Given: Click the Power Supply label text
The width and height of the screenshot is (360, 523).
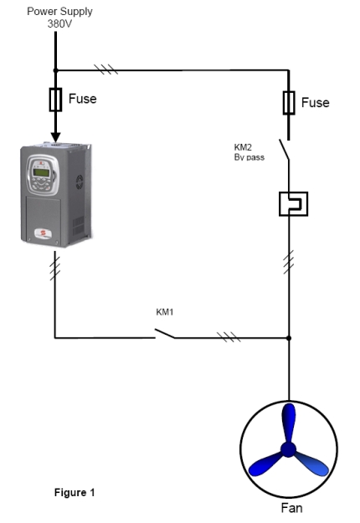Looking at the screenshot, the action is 59,12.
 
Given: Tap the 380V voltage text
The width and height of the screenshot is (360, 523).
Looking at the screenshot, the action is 59,24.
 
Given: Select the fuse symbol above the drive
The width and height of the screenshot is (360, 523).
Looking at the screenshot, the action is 55,100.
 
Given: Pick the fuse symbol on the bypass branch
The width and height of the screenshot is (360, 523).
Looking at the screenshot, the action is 289,103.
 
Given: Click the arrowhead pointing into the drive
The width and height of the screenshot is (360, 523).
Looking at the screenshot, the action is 56,137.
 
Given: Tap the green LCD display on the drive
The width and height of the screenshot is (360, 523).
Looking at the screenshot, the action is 41,172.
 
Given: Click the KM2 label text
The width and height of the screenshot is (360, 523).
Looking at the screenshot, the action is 243,147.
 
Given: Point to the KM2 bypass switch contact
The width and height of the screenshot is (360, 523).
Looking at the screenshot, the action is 285,150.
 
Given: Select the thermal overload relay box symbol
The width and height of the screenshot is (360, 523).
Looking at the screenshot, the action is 293,204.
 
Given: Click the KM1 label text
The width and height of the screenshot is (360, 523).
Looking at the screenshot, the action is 165,312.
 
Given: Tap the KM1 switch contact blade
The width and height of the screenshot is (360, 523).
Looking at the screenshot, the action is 164,333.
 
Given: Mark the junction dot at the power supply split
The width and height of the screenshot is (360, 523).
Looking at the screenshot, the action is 56,70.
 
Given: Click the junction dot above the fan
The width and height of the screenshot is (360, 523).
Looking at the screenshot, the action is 289,338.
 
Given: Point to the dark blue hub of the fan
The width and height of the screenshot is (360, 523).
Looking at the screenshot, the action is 288,449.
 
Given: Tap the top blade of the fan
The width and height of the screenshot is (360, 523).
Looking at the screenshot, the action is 289,422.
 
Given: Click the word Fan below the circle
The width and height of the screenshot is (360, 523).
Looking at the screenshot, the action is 291,508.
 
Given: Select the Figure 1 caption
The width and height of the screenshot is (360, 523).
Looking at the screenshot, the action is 75,492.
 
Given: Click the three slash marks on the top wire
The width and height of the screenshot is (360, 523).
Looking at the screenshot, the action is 106,69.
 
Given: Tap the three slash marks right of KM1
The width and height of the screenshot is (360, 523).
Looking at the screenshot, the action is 229,337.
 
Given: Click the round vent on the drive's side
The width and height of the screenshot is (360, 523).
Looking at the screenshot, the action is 80,182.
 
